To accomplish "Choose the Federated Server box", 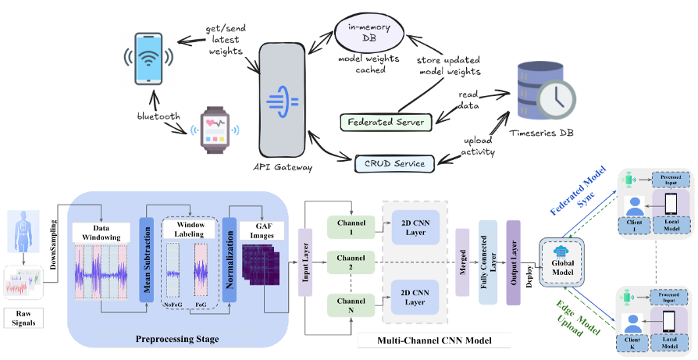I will [x=386, y=123].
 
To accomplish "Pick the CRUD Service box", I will [x=394, y=163].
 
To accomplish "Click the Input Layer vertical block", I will [x=305, y=262].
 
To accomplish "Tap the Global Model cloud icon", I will [x=561, y=252].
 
